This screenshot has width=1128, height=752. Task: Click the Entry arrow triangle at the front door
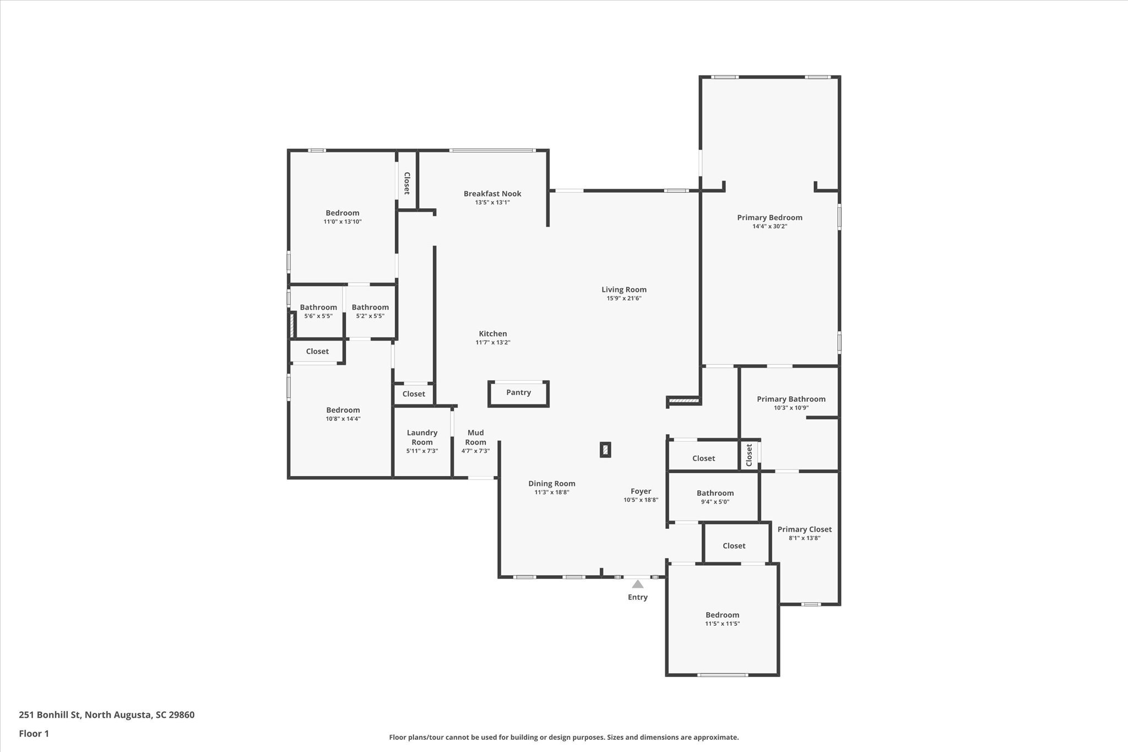[637, 584]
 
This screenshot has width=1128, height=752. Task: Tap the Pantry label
[518, 392]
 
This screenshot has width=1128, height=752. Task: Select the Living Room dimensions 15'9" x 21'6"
[624, 299]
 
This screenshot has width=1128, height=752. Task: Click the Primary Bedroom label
[769, 218]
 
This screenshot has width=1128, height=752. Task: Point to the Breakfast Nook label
[492, 193]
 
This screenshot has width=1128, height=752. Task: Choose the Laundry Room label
[422, 437]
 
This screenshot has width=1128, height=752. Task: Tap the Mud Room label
[475, 437]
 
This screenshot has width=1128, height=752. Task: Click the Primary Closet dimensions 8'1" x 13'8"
[804, 538]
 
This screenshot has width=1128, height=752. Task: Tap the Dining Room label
[551, 484]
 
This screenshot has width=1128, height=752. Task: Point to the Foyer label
[641, 491]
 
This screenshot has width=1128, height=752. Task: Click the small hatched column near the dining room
[605, 450]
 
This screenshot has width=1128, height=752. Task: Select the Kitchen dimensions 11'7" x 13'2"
[493, 343]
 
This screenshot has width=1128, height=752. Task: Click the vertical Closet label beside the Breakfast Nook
[406, 183]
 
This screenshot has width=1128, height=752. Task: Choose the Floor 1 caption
[34, 733]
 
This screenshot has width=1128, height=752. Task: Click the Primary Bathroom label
[791, 399]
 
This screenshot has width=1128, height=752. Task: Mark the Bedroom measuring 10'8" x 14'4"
[343, 410]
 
